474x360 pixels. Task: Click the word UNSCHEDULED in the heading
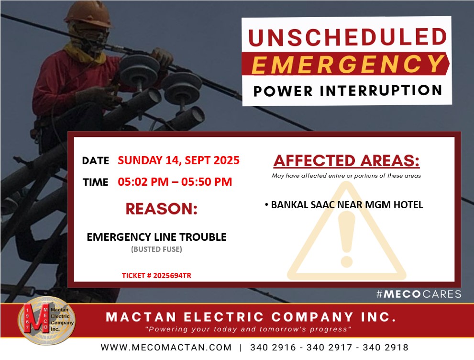[347, 37]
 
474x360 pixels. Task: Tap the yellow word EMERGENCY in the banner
[348, 64]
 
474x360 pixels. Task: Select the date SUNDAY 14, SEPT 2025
[179, 160]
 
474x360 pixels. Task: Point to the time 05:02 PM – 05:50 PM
[175, 182]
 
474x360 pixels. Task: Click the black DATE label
[96, 161]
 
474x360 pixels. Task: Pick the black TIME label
[96, 182]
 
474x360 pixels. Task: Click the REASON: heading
[161, 209]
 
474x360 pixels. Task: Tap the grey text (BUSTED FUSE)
[156, 249]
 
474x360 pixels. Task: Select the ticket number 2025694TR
[172, 276]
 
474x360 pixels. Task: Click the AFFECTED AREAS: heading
[346, 161]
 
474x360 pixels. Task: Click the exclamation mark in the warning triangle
[346, 239]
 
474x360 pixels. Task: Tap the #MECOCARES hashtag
[419, 294]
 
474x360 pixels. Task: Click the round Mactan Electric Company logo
[46, 320]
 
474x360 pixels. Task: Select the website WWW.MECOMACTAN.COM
[166, 347]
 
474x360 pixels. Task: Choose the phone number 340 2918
[386, 347]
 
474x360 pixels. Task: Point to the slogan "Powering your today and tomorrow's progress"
[248, 329]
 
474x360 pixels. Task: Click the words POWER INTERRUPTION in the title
[348, 91]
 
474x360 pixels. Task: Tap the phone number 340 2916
[273, 347]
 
